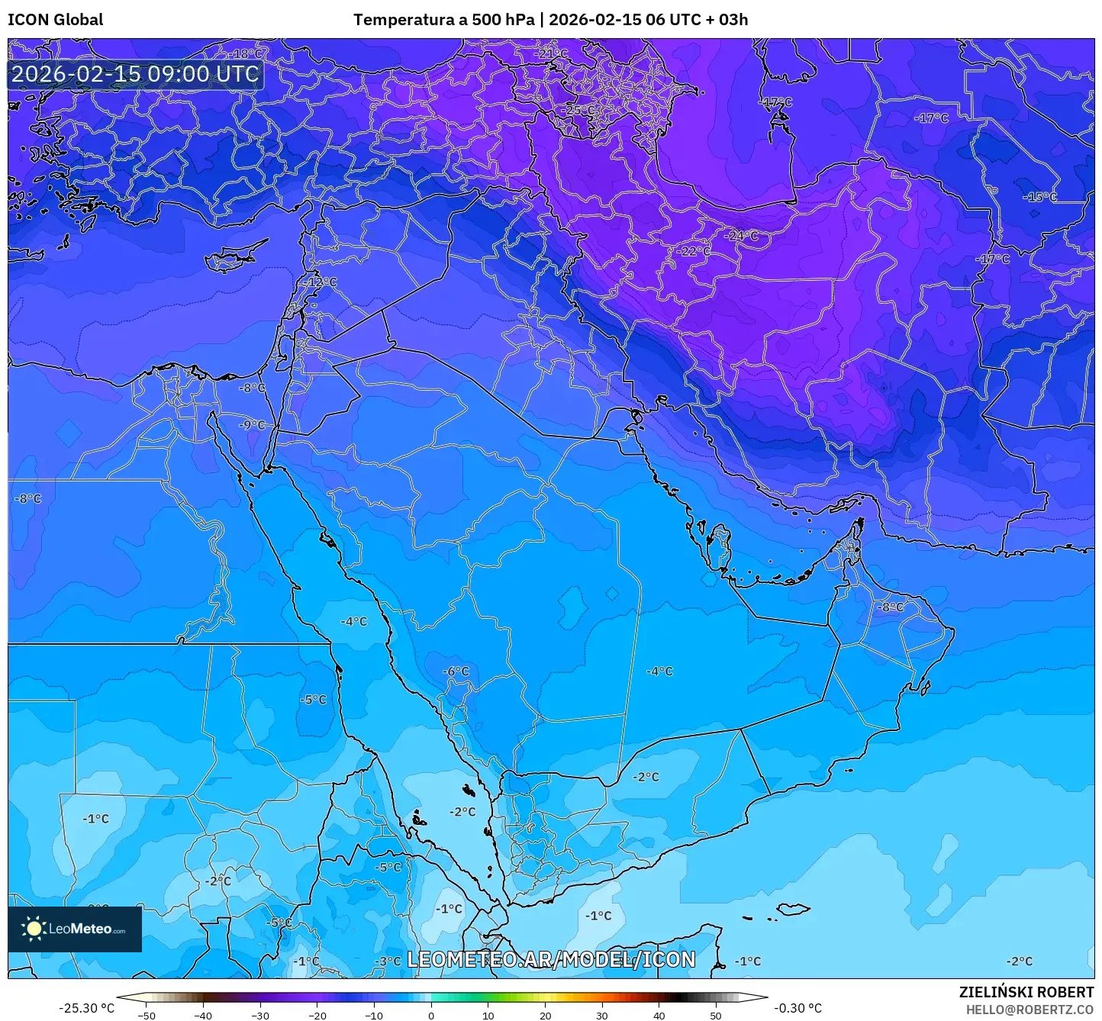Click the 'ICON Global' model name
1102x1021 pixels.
coord(55,20)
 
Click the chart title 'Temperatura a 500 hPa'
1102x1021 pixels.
coord(443,20)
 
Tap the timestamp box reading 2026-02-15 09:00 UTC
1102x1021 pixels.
coord(135,74)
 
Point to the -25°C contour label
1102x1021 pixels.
coord(577,111)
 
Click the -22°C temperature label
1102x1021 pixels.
coord(693,251)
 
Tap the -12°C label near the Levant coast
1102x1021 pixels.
coord(320,282)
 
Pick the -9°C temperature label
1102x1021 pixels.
coord(252,425)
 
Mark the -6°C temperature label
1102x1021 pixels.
coord(456,672)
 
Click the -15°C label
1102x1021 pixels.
coord(1039,197)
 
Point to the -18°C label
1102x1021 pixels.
coord(246,54)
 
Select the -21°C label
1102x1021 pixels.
coord(550,54)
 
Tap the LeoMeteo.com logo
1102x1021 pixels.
coord(75,929)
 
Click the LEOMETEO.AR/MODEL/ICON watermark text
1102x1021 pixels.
coord(551,959)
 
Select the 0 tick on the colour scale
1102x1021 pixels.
coord(431,1015)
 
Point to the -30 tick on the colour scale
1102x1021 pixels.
coord(259,1015)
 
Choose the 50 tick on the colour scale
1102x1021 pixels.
coord(715,1015)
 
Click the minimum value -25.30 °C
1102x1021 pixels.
coord(86,1008)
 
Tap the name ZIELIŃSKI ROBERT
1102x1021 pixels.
coord(1026,992)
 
